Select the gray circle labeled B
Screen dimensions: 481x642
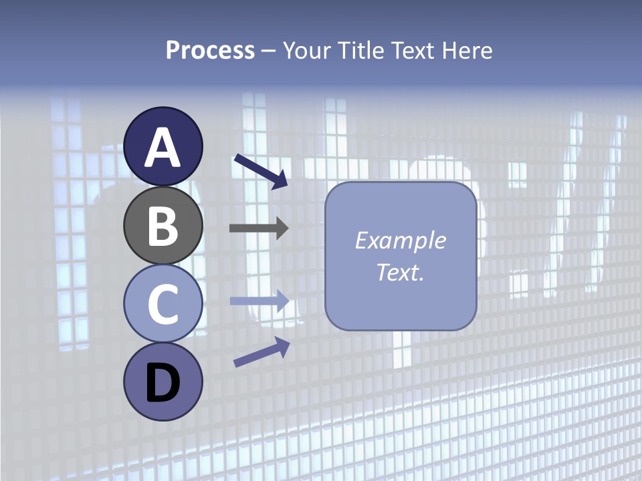pos(163,226)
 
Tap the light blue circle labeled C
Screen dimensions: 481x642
pos(163,304)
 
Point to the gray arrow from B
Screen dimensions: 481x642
pos(259,228)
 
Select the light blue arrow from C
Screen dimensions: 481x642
pos(259,301)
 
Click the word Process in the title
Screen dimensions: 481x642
pos(210,50)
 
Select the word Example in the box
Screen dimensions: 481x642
pos(400,240)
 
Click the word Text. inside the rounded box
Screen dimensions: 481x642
pos(400,273)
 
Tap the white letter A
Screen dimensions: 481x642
pos(163,148)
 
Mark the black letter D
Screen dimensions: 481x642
pos(163,384)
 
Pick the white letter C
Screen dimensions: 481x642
pos(163,304)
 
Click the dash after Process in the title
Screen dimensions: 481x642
pos(269,51)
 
